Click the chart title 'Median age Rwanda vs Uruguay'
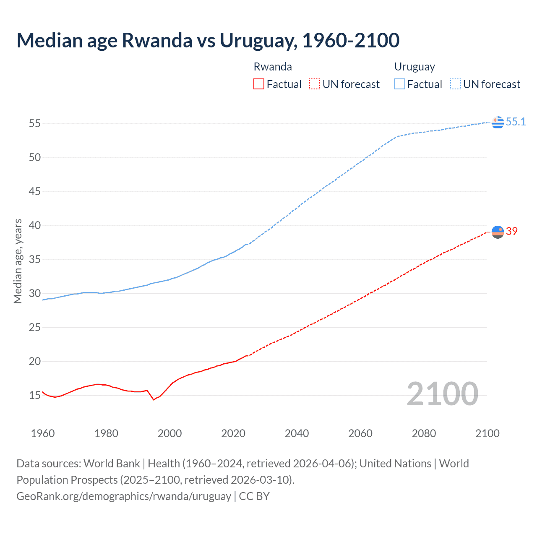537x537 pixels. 208,40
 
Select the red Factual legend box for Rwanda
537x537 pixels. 259,84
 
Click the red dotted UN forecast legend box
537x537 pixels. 315,84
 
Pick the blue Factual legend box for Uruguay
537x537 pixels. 399,84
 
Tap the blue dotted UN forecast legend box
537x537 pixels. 455,84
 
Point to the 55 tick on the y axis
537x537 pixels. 34,123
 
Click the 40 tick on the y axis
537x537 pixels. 34,225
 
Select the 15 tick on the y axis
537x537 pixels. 34,395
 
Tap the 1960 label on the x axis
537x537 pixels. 43,433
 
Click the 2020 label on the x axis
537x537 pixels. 233,433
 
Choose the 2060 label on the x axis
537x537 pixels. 360,433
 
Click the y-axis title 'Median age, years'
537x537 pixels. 18,261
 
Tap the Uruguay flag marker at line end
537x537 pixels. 498,122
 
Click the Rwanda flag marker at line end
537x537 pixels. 498,232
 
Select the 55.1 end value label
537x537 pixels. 516,122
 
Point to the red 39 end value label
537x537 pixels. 512,231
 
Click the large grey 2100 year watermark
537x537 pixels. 442,394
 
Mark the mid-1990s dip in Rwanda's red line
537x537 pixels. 154,399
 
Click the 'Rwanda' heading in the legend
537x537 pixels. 273,67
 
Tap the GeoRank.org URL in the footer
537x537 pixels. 124,496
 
